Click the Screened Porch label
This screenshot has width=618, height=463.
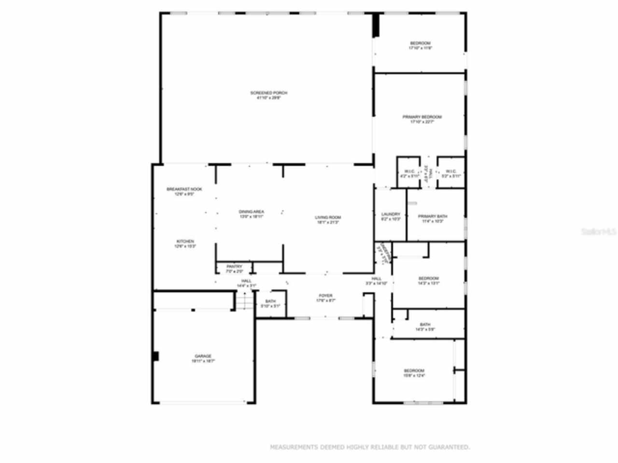268,95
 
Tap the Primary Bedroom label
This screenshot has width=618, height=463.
422,120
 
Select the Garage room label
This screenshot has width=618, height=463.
203,358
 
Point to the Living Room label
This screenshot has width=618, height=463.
328,220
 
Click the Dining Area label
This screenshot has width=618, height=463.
251,214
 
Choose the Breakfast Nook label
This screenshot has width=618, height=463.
184,191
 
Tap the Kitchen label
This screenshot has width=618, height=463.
185,244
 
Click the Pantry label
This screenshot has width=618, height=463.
234,269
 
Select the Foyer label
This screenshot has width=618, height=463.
325,298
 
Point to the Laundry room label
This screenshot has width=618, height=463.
391,217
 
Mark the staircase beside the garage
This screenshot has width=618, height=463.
244,301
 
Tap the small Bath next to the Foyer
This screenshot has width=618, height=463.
270,304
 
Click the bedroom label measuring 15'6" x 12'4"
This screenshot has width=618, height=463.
414,373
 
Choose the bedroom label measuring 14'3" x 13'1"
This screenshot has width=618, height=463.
428,281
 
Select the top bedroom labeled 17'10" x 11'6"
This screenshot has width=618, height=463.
420,45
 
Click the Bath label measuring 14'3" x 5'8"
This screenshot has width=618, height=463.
425,327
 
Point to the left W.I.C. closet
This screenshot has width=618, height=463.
409,174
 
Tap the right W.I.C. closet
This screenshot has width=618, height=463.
451,174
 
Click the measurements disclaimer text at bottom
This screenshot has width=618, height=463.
369,447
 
